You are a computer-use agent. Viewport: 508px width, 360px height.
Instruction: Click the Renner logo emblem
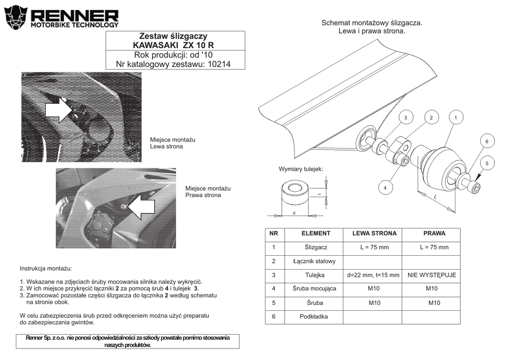pos(15,18)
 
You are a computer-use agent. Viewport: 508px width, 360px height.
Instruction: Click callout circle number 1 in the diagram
pos(455,118)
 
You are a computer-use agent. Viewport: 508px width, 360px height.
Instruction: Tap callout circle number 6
pos(487,142)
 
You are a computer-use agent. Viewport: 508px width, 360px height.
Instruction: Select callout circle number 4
pos(384,188)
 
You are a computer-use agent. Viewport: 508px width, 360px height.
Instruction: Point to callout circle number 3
pos(405,118)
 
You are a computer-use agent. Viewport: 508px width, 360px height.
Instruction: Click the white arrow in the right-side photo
pos(141,206)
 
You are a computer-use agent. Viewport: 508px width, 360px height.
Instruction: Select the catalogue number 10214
pos(219,64)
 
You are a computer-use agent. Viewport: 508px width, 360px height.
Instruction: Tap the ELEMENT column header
pos(316,233)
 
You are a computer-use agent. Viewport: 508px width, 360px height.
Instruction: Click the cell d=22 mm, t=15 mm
pos(374,275)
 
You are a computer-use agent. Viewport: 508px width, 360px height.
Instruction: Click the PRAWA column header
pos(434,233)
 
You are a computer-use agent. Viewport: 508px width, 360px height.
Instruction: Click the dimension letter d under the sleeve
pos(294,213)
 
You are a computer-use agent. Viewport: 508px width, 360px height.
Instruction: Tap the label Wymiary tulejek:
pos(301,169)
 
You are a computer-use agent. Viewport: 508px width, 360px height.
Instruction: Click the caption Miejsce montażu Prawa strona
pos(208,192)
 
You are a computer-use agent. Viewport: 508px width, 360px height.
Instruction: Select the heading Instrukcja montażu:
pos(46,268)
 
